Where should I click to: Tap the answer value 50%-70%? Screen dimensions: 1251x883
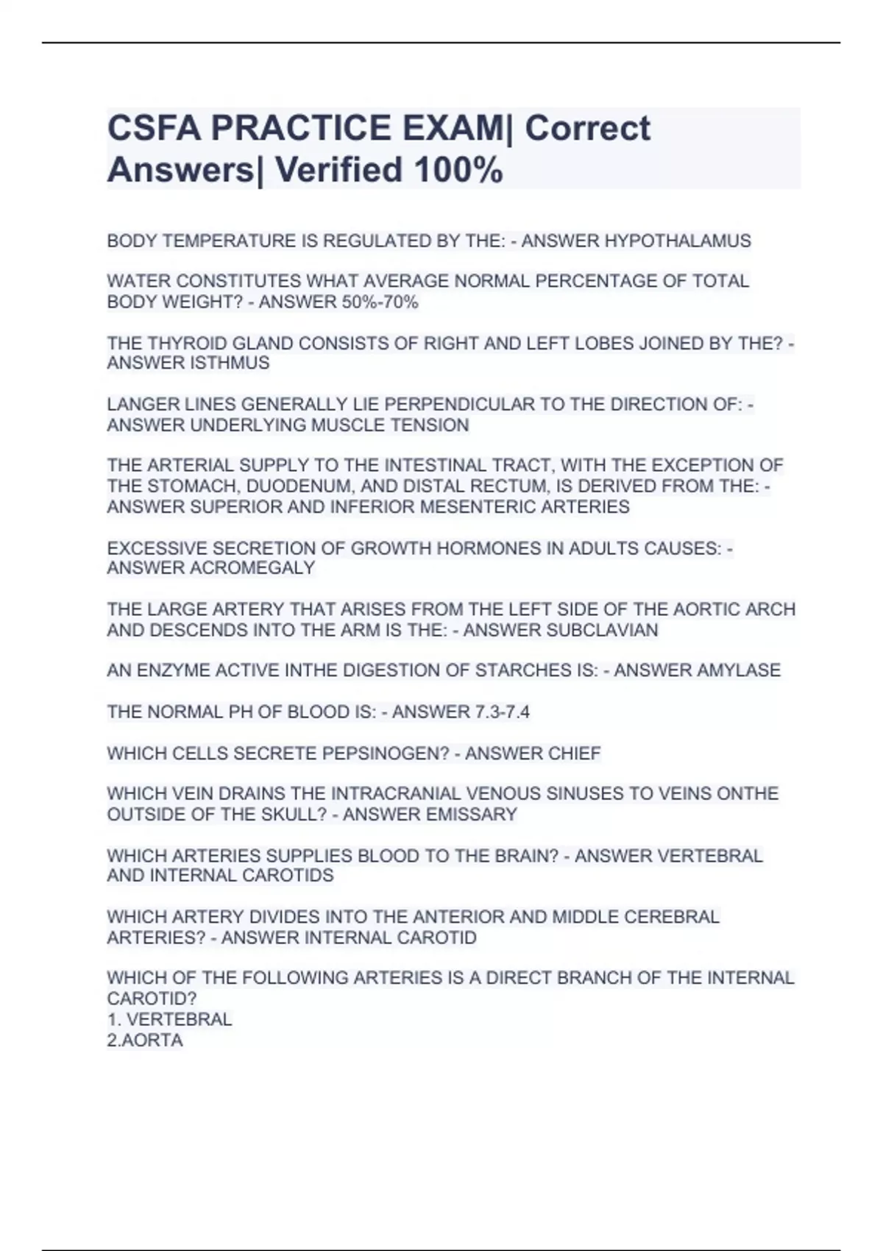[x=380, y=302]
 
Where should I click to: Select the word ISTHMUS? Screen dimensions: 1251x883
[x=230, y=364]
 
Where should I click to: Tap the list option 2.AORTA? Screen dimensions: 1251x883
[x=145, y=1041]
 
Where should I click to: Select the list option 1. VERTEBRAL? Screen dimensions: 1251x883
[x=169, y=1020]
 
